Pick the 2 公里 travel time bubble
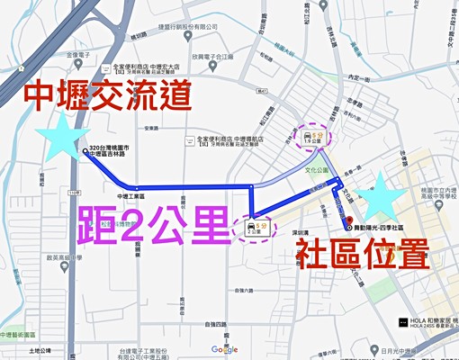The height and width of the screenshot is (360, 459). click(x=256, y=227)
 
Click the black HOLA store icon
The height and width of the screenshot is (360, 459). click(x=402, y=319)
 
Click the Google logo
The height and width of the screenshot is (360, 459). click(x=225, y=348)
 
